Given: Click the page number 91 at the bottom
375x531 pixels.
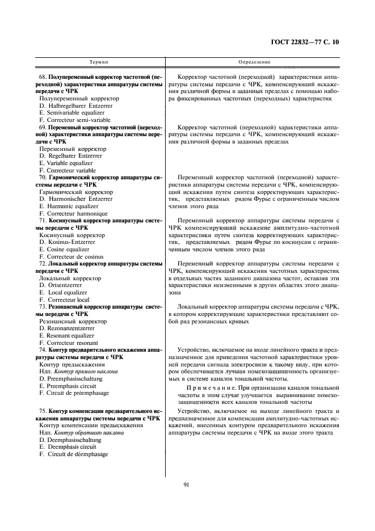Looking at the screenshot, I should [186, 484].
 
